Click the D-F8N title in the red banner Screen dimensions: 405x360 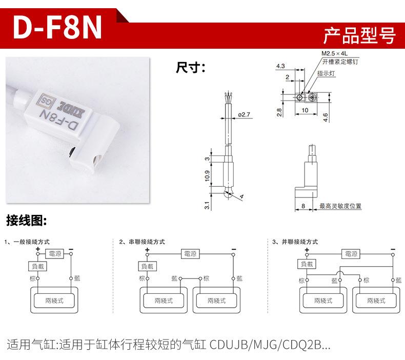click(x=57, y=29)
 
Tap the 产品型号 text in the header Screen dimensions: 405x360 click(x=359, y=35)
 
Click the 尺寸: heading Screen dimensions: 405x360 click(x=190, y=67)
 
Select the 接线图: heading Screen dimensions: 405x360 click(x=27, y=222)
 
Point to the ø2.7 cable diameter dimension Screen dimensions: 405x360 click(x=244, y=114)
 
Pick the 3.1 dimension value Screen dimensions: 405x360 click(x=207, y=205)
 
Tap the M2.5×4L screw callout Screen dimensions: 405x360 click(x=334, y=53)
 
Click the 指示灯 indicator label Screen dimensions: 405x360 click(x=326, y=73)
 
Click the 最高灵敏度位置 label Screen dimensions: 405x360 click(x=340, y=206)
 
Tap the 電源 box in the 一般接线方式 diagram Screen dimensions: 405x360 click(x=54, y=253)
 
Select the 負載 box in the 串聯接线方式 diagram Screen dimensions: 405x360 click(x=147, y=266)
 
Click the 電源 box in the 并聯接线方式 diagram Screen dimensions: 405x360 click(x=351, y=253)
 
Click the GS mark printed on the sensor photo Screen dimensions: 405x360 click(x=45, y=99)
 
